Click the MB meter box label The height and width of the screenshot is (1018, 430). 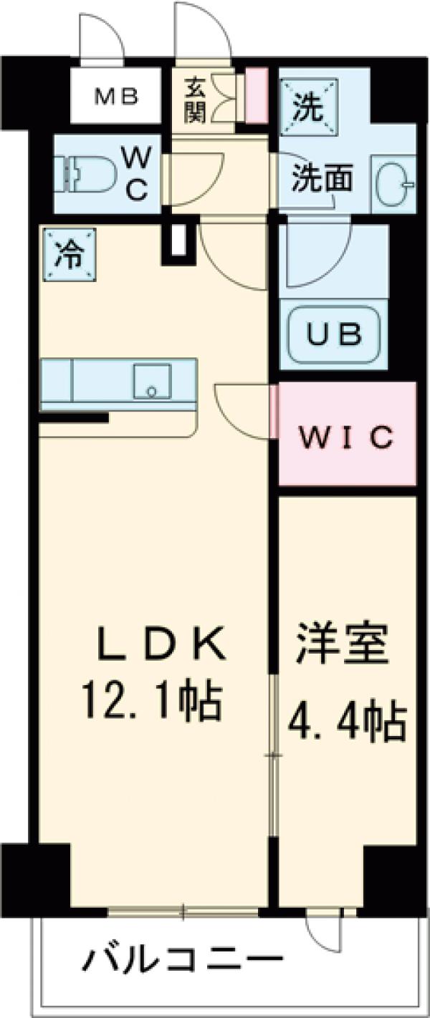click(x=118, y=96)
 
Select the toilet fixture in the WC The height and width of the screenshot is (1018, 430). click(x=86, y=174)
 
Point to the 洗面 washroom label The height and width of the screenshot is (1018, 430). click(x=321, y=178)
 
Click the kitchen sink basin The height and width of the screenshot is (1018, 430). click(x=152, y=381)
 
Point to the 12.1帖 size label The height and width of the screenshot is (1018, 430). click(x=151, y=702)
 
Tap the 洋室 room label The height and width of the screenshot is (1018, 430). click(x=343, y=646)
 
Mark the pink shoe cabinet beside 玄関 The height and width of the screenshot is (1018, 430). click(x=257, y=94)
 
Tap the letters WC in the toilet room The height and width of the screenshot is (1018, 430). click(x=136, y=173)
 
